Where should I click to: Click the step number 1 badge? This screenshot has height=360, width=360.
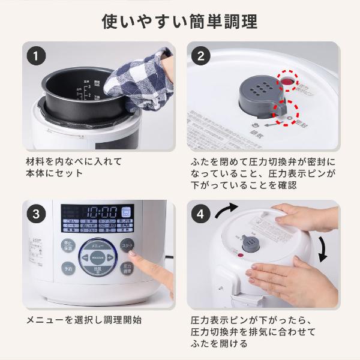37,56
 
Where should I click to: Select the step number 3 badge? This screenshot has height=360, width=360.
37,215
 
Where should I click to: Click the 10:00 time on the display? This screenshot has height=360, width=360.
103,212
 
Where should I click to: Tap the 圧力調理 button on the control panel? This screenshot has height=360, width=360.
127,268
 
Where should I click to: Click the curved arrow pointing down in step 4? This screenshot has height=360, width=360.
322,248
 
